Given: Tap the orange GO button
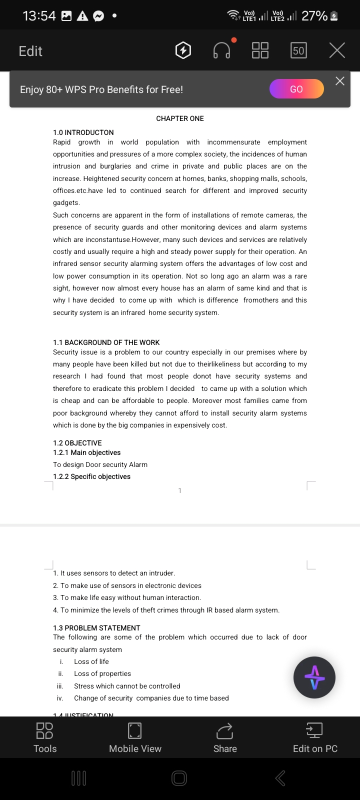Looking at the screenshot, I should (x=296, y=89).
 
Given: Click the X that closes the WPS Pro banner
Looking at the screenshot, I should (x=340, y=81).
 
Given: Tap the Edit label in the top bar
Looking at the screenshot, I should (x=30, y=51).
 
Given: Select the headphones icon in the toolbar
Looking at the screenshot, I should (x=222, y=50).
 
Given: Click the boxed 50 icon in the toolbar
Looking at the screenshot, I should (x=298, y=50).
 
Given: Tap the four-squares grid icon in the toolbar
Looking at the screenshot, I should (x=260, y=50).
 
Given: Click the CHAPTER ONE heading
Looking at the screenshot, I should (x=180, y=118).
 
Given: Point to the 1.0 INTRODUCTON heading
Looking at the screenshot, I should (x=83, y=132).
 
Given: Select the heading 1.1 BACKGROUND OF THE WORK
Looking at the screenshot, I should (x=106, y=342).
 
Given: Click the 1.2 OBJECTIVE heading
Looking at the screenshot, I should (x=77, y=443).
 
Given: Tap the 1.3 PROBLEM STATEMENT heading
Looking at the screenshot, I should (x=96, y=628).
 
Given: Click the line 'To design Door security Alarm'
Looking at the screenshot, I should (x=100, y=464).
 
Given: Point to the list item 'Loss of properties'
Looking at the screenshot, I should (x=102, y=673).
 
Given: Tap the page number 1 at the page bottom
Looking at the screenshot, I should (x=180, y=490).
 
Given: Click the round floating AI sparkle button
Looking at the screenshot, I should (x=314, y=677).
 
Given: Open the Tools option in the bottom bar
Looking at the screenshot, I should (x=45, y=737).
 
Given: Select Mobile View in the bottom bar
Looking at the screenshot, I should (x=135, y=737).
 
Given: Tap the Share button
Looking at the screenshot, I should (x=225, y=737).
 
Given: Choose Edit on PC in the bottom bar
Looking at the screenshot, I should (x=315, y=737).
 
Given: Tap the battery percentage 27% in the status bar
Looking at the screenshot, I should (x=314, y=16).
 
